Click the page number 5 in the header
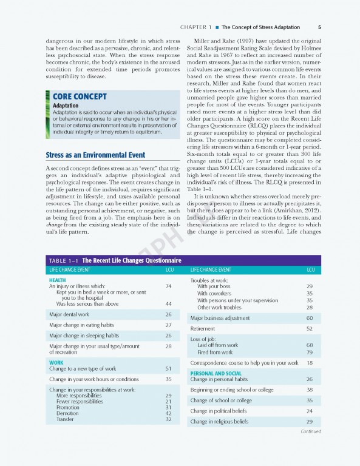pos(319,27)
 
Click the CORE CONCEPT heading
pos(80,96)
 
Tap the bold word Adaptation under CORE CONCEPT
pos(66,106)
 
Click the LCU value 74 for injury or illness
pos(168,286)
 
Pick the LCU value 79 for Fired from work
pos(310,352)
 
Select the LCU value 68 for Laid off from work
pos(310,345)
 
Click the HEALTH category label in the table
pos(58,280)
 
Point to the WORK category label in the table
pos(56,363)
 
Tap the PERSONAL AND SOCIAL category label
pos(216,373)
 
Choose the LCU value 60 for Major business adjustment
pos(310,318)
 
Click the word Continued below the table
pos(310,431)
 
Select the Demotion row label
pos(67,413)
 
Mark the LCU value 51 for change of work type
pos(168,369)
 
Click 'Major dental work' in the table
pos(69,314)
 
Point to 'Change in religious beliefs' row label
pos(219,421)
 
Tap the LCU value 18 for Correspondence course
pos(310,363)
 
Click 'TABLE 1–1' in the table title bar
pos(64,260)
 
